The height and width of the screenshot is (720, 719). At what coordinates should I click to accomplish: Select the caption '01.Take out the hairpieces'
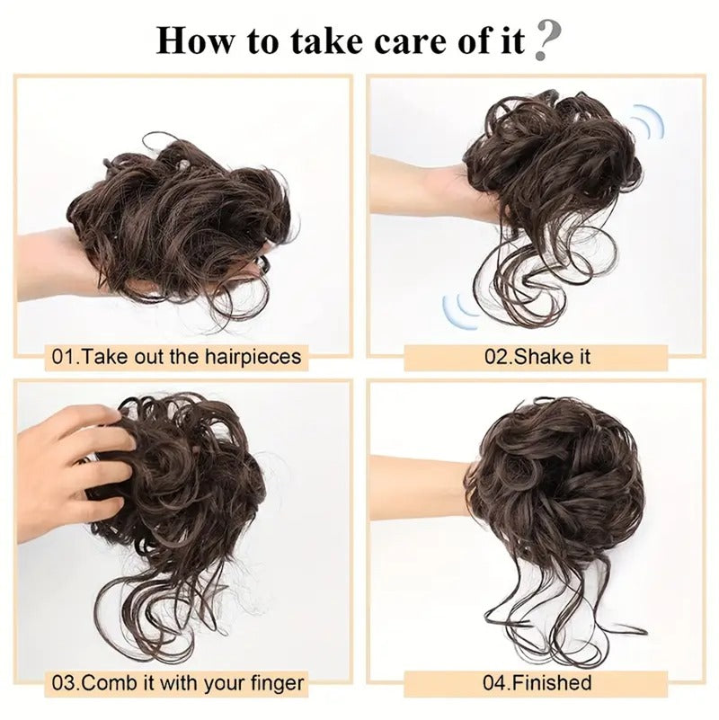(177, 357)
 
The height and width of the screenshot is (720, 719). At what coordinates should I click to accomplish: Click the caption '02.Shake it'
(537, 357)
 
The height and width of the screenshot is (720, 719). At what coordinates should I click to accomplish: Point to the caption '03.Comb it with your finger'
(178, 683)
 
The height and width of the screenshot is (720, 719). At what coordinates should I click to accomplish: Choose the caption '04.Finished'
(537, 683)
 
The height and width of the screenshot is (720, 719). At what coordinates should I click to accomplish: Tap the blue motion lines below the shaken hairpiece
(460, 312)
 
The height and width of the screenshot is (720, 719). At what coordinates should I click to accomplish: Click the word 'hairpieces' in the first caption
(253, 357)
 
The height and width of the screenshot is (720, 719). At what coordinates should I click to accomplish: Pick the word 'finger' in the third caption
(278, 683)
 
